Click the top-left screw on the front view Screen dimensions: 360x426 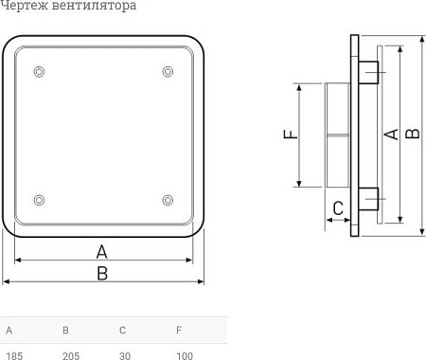point(38,72)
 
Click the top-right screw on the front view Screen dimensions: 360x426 point(168,72)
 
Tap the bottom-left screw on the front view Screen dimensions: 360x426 point(38,199)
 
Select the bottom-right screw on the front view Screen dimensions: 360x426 point(168,199)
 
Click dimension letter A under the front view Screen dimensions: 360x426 point(102,251)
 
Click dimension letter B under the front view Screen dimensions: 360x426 point(102,273)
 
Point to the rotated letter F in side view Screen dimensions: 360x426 point(291,134)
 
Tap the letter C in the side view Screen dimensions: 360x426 point(336,208)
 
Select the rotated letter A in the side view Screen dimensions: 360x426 point(389,135)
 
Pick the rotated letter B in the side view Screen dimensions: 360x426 point(411,135)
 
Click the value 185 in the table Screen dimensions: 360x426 point(14,355)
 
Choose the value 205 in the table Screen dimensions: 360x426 point(71,355)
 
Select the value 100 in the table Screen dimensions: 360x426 point(185,355)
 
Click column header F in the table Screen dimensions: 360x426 point(178,331)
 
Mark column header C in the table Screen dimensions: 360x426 point(122,331)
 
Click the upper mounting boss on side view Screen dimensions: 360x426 point(369,73)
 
